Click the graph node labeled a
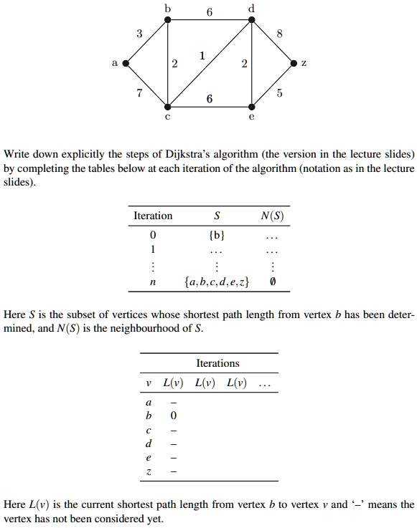(126, 64)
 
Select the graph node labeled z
(293, 64)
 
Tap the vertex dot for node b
(168, 20)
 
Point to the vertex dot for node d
(251, 20)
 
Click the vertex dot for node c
(168, 107)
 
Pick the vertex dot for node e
(251, 107)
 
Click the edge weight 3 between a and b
(139, 33)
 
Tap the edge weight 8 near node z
(279, 33)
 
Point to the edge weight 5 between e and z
(279, 93)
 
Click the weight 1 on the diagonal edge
(202, 55)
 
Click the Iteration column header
(153, 216)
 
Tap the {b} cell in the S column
(217, 235)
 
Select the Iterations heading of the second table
(217, 363)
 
